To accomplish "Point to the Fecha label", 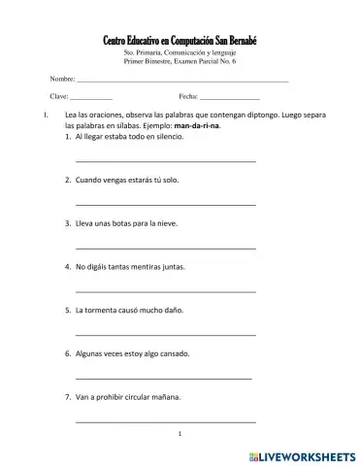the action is (188, 97).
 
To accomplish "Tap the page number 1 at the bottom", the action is (180, 433).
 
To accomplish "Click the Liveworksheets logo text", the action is (309, 453).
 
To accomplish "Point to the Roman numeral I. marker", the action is (34, 116).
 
